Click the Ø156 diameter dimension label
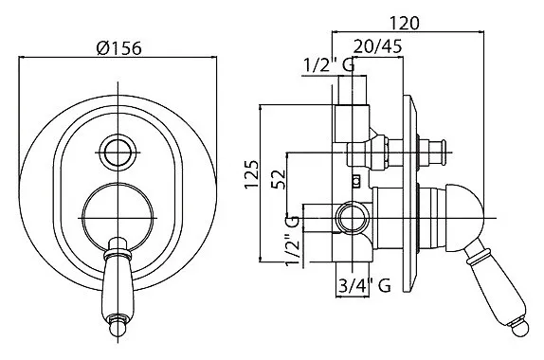click(x=119, y=48)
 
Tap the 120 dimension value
click(x=405, y=23)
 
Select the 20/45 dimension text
click(x=378, y=45)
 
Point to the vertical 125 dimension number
click(x=252, y=174)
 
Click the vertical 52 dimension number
click(x=279, y=179)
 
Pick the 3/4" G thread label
click(x=364, y=286)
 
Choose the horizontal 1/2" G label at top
click(x=329, y=64)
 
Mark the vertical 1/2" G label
click(x=292, y=241)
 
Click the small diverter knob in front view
click(x=118, y=152)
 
